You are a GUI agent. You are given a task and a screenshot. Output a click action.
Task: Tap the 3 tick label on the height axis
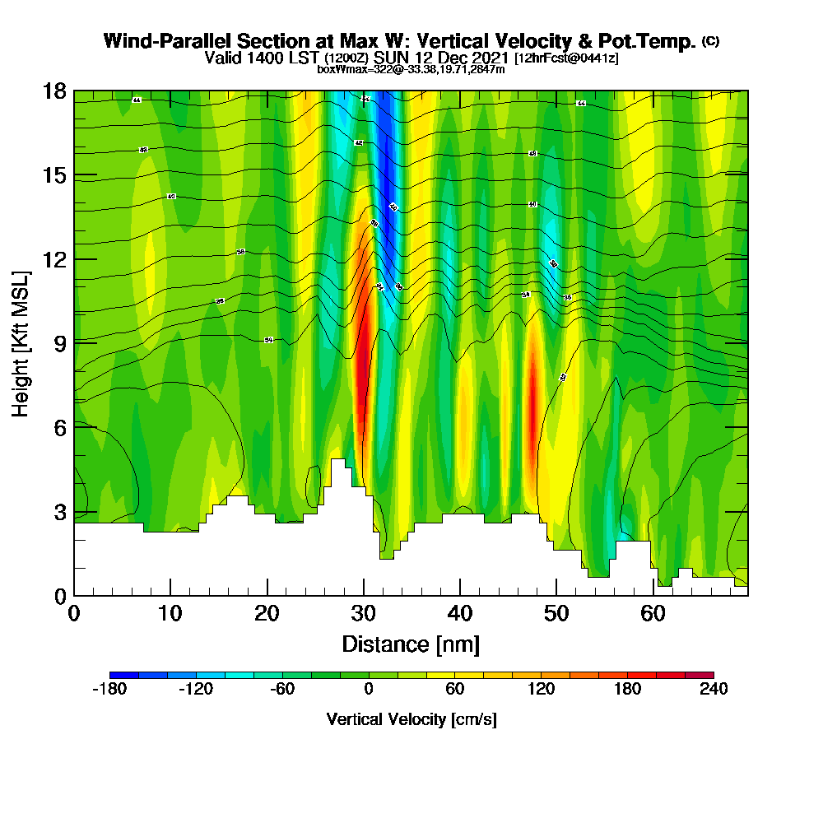point(60,511)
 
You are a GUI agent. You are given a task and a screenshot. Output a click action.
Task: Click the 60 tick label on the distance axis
point(653,614)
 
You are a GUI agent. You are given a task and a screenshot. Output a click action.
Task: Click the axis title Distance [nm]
point(411,644)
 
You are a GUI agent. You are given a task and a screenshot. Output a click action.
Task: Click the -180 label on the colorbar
point(109,690)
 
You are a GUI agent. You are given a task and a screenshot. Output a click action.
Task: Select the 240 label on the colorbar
point(713,690)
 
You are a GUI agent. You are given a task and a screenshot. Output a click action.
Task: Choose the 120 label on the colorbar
point(541,690)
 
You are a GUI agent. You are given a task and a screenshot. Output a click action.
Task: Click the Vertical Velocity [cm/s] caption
point(411,720)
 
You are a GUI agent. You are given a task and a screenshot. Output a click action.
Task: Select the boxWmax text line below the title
point(411,69)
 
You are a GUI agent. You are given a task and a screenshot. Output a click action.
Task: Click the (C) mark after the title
point(711,41)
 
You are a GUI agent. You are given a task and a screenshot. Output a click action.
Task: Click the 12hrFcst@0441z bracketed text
point(566,58)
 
